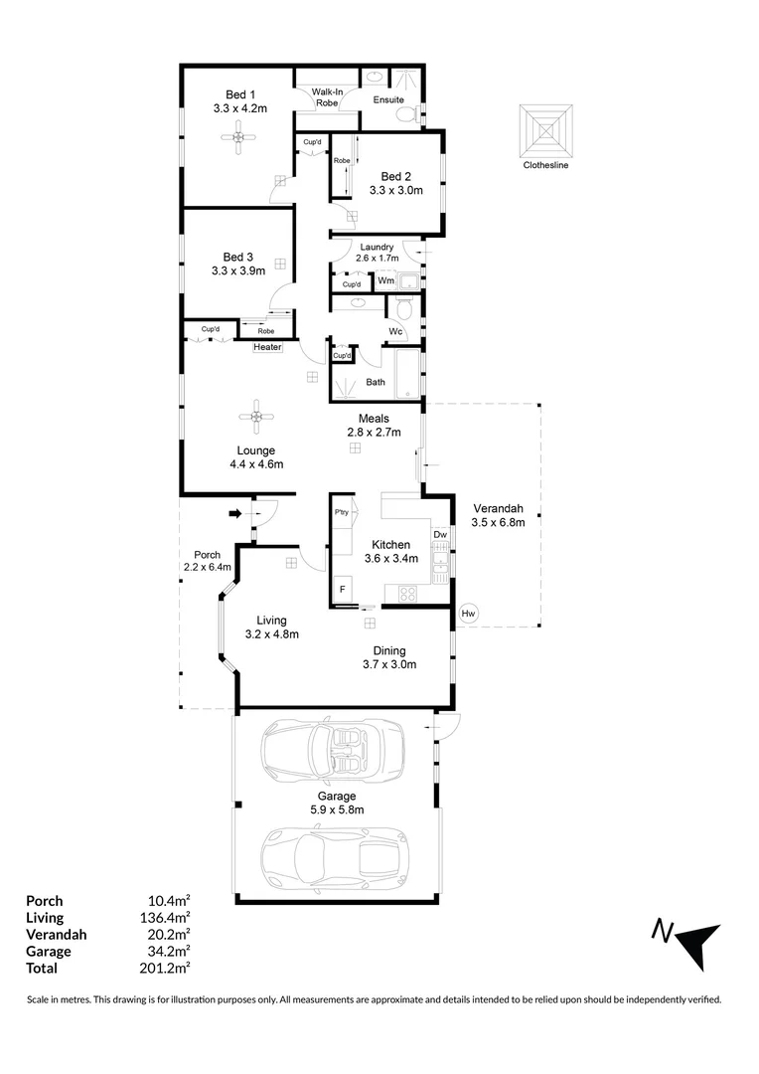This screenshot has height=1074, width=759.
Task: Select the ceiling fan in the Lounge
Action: (256, 418)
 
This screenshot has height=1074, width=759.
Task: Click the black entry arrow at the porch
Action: (235, 513)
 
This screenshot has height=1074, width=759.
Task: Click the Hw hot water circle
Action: (469, 614)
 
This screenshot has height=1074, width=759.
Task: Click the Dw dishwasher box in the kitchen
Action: (440, 534)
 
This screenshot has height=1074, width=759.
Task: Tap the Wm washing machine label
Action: (384, 281)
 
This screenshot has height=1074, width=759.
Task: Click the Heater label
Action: (267, 347)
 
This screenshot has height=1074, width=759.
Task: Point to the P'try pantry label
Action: (342, 512)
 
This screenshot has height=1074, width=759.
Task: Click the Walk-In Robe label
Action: (326, 95)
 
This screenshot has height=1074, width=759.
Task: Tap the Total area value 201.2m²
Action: (169, 968)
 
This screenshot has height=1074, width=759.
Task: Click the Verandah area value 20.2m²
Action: (169, 935)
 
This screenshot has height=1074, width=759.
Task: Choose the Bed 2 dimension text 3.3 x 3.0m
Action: (396, 190)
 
